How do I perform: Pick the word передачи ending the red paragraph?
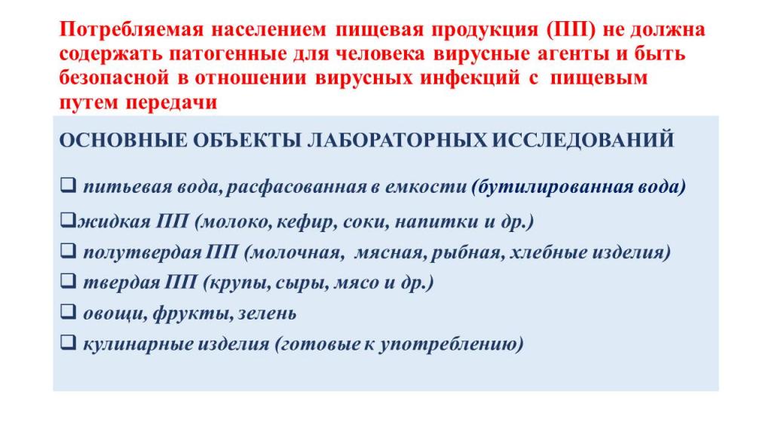pos(172,102)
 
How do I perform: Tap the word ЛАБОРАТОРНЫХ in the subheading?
pos(397,141)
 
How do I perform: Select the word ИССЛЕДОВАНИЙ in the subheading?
pos(583,141)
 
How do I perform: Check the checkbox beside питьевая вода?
pos(68,185)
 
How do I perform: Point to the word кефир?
pos(307,222)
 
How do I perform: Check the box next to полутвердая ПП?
pos(68,250)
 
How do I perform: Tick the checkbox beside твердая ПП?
pos(68,281)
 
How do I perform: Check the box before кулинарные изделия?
pos(68,341)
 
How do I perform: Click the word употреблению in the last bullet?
pos(451,344)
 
